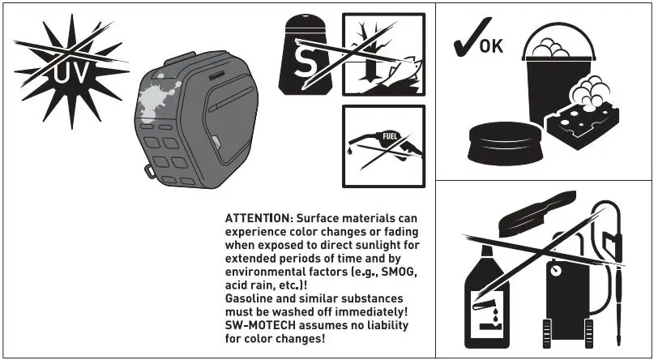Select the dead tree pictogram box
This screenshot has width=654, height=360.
click(x=383, y=54)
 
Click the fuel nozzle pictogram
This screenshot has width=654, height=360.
click(x=383, y=147)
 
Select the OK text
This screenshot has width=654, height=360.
click(x=491, y=46)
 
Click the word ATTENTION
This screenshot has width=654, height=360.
click(x=255, y=220)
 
